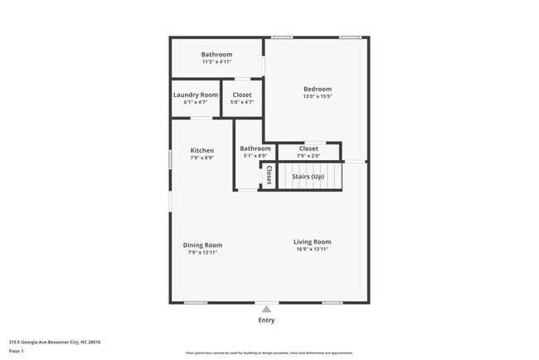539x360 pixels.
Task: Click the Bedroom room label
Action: (x=317, y=89)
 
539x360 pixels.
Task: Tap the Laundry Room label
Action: (x=196, y=95)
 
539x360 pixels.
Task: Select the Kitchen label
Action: (x=202, y=150)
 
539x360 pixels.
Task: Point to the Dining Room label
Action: (x=202, y=245)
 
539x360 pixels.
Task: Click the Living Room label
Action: (x=312, y=241)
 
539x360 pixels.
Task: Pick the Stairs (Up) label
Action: (x=308, y=176)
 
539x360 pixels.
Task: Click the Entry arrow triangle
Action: (x=266, y=309)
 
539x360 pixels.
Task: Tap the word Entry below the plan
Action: (x=266, y=320)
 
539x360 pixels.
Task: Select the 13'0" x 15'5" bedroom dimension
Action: (x=317, y=96)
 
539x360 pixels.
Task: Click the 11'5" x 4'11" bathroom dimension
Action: (x=216, y=61)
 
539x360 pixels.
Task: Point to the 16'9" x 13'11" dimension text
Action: (x=312, y=249)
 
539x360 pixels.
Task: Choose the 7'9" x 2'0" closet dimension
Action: (x=308, y=155)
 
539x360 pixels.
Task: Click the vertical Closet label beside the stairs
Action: (x=269, y=176)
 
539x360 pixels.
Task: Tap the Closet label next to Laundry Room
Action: (x=242, y=95)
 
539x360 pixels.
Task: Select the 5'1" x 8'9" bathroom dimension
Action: (x=255, y=155)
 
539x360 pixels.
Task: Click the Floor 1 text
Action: (x=17, y=350)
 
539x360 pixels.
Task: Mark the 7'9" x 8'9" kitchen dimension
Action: (x=202, y=158)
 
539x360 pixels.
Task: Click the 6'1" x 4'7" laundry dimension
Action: (x=196, y=102)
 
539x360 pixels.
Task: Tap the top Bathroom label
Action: (x=216, y=54)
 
